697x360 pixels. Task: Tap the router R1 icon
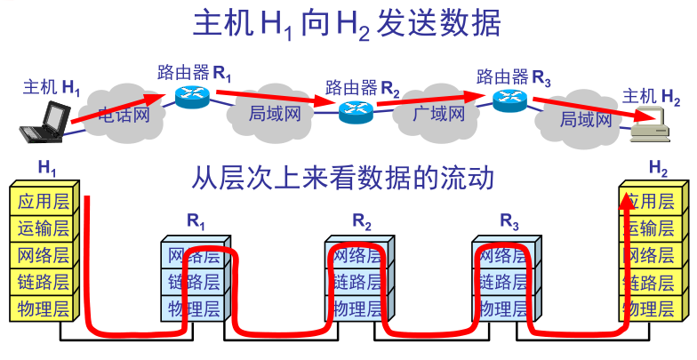191,97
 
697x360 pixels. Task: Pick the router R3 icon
510,100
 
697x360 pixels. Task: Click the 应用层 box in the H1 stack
43,200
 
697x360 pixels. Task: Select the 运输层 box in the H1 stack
43,228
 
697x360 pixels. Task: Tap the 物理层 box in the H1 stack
43,309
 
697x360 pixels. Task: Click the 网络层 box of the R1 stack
194,256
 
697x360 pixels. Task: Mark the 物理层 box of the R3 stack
505,309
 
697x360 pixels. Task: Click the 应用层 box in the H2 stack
653,200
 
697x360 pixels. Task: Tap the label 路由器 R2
362,87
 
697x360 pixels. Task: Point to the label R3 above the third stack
509,220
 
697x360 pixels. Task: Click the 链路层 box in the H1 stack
43,283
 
